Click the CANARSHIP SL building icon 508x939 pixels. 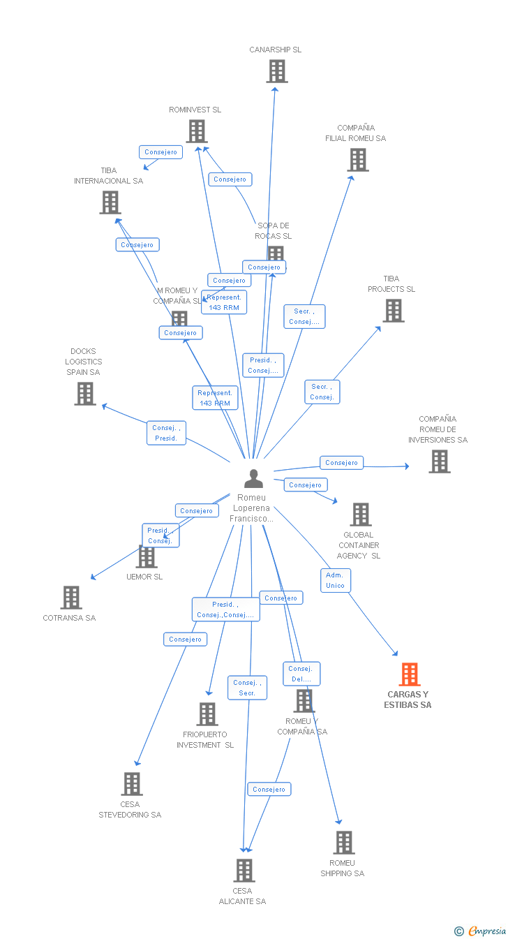pos(277,71)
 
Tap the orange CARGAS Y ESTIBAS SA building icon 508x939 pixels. pos(410,674)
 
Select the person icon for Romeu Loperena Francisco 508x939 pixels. pos(254,479)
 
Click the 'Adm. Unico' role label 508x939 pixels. pos(335,580)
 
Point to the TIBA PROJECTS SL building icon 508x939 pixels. pos(394,311)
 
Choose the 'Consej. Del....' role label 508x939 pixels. pos(301,674)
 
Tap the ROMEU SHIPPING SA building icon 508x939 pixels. pos(343,843)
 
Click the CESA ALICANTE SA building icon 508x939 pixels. pos(244,871)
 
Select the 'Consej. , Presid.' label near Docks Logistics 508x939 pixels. pos(166,433)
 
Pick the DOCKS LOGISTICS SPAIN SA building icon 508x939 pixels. pos(85,394)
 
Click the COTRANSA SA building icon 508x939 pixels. pos(71,598)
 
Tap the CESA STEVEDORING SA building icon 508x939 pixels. pos(132,784)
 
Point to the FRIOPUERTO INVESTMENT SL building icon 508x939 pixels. pos(207,714)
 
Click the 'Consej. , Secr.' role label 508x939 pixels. pos(247,688)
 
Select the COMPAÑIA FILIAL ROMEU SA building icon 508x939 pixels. pos(358,160)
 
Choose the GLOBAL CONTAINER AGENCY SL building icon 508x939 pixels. pos(361,515)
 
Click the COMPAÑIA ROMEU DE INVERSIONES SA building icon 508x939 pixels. pos(440,461)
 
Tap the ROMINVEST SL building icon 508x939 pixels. pos(197,131)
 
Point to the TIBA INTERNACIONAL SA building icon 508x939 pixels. pos(110,202)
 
